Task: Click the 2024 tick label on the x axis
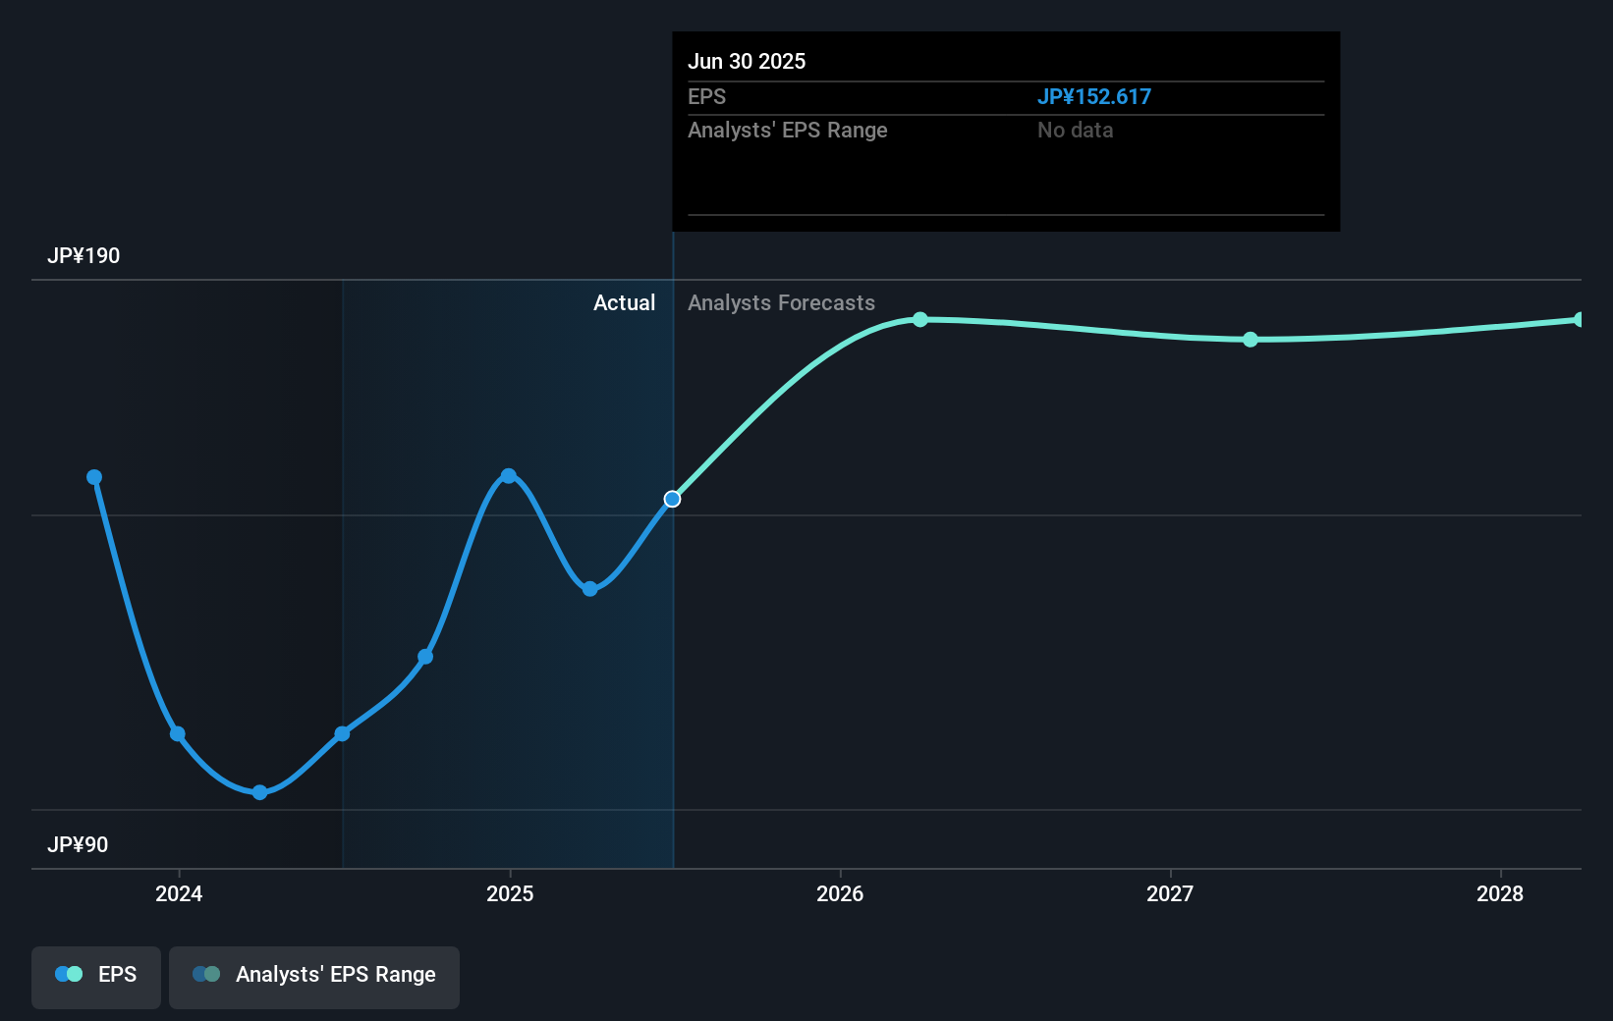179,893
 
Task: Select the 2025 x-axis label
510,893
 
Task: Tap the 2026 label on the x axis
840,893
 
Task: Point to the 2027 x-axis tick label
1170,893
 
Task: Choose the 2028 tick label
1500,893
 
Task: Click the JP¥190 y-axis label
83,256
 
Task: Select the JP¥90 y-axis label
78,845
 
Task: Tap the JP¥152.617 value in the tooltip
1093,97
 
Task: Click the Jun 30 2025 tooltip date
747,62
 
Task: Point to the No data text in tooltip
1075,131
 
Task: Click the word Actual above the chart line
624,303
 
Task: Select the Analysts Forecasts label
781,303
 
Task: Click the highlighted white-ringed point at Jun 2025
672,500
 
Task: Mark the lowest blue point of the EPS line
259,792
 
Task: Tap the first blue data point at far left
94,477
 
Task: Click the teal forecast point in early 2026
920,319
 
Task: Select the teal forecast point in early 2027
1251,340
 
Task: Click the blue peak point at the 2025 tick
509,476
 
